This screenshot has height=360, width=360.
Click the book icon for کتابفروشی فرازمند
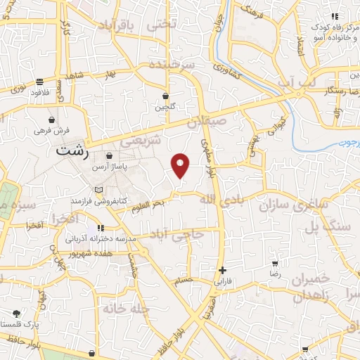[98, 190]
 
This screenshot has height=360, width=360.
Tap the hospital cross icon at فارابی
[222, 270]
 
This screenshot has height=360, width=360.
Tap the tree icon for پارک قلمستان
[16, 314]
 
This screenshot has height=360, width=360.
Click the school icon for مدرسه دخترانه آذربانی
[101, 228]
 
